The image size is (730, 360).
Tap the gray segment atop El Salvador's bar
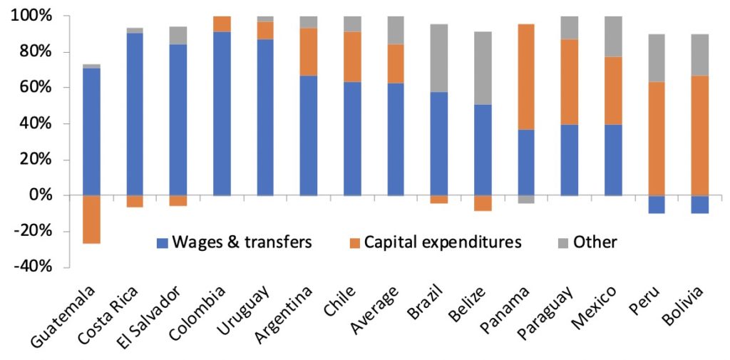(178, 36)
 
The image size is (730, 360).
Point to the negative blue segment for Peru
(656, 205)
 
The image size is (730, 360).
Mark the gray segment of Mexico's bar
(612, 36)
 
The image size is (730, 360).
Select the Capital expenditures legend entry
(442, 242)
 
